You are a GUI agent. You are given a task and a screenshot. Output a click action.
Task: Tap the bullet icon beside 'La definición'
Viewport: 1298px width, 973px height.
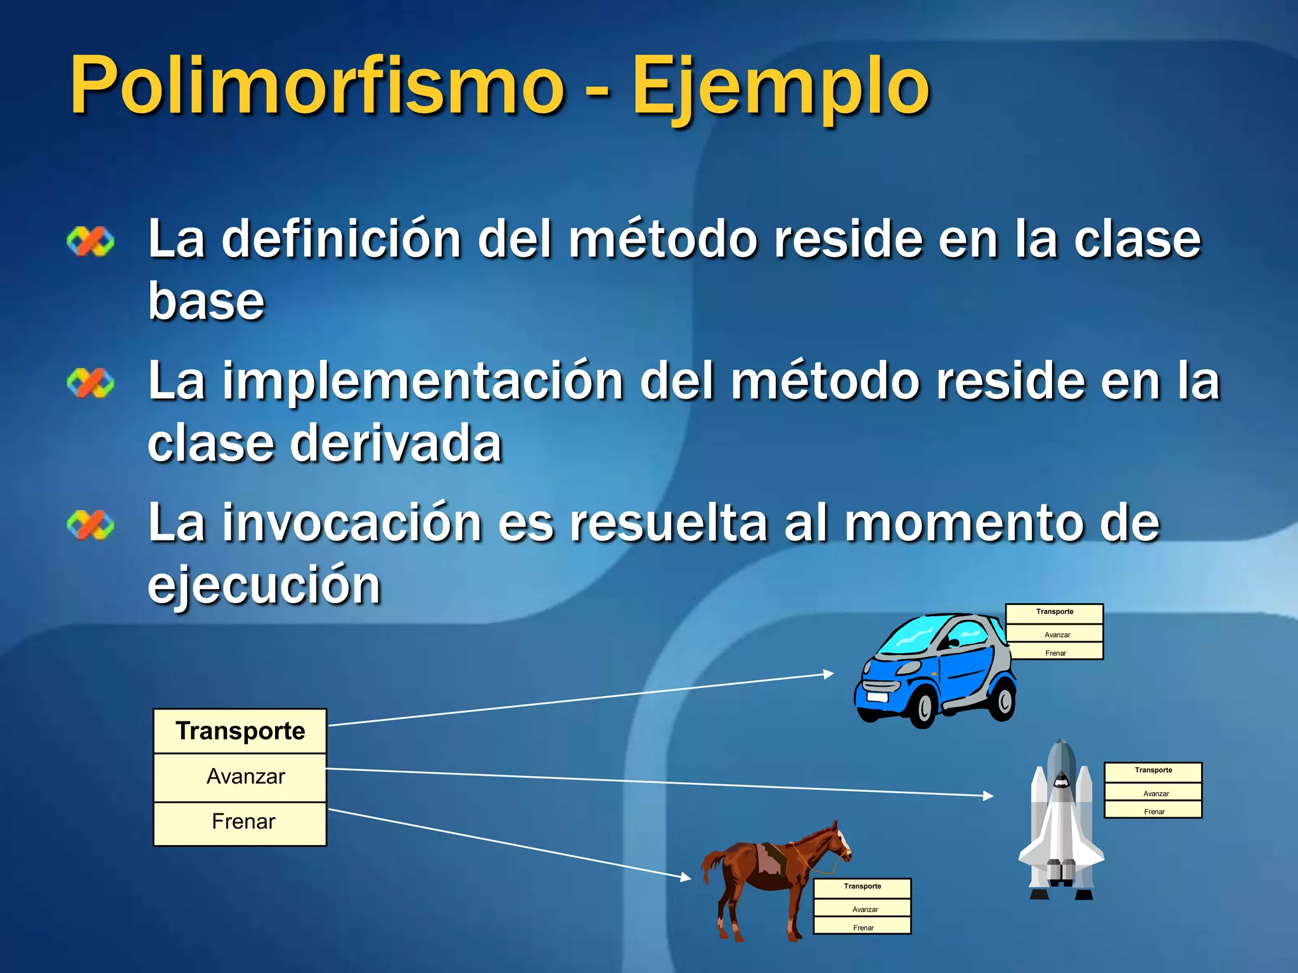pos(91,241)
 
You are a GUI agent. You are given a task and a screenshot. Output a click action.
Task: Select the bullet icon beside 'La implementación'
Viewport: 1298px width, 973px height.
pos(91,383)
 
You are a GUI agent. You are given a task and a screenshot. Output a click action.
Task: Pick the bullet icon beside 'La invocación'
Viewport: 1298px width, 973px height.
pos(91,525)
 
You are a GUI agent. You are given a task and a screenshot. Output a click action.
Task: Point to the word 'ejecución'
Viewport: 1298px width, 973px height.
pos(264,585)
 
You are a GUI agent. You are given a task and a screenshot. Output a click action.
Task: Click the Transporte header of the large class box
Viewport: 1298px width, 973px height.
pos(240,731)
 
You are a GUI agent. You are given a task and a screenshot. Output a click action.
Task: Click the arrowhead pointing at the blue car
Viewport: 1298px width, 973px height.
pos(828,674)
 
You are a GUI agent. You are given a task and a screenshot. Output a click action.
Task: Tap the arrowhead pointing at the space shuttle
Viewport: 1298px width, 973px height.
pos(988,796)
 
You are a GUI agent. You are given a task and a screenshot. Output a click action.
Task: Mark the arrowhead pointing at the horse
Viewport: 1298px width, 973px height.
pos(686,877)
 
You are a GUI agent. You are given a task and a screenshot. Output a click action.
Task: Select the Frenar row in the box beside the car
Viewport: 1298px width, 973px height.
pos(1055,652)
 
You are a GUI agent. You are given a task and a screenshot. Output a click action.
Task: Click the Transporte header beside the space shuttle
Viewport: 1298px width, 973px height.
pos(1153,770)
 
